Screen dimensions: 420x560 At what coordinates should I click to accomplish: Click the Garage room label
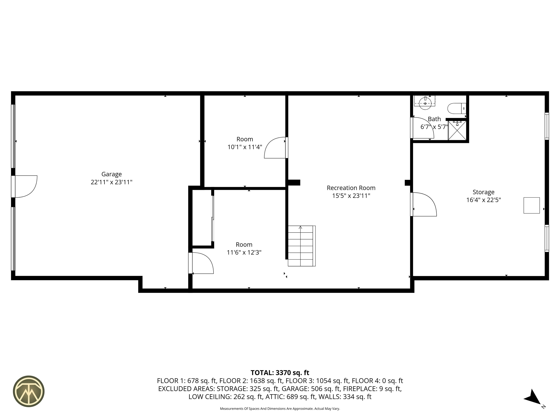(111, 174)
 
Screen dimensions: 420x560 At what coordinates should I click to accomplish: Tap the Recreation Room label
(351, 188)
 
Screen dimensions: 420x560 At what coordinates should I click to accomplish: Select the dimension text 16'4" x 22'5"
(483, 200)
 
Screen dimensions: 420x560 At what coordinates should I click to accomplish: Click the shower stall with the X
(457, 130)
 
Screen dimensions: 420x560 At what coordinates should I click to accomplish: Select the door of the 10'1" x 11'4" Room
(275, 148)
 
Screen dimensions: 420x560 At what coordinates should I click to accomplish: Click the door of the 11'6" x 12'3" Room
(202, 263)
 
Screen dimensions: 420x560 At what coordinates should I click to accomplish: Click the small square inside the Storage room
(531, 205)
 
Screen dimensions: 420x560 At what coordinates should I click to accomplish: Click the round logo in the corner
(29, 391)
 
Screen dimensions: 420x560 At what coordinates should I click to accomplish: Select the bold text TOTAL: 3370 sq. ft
(280, 373)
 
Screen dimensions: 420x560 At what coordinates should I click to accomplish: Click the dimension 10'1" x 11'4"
(245, 147)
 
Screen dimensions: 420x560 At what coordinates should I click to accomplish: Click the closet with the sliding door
(202, 218)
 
